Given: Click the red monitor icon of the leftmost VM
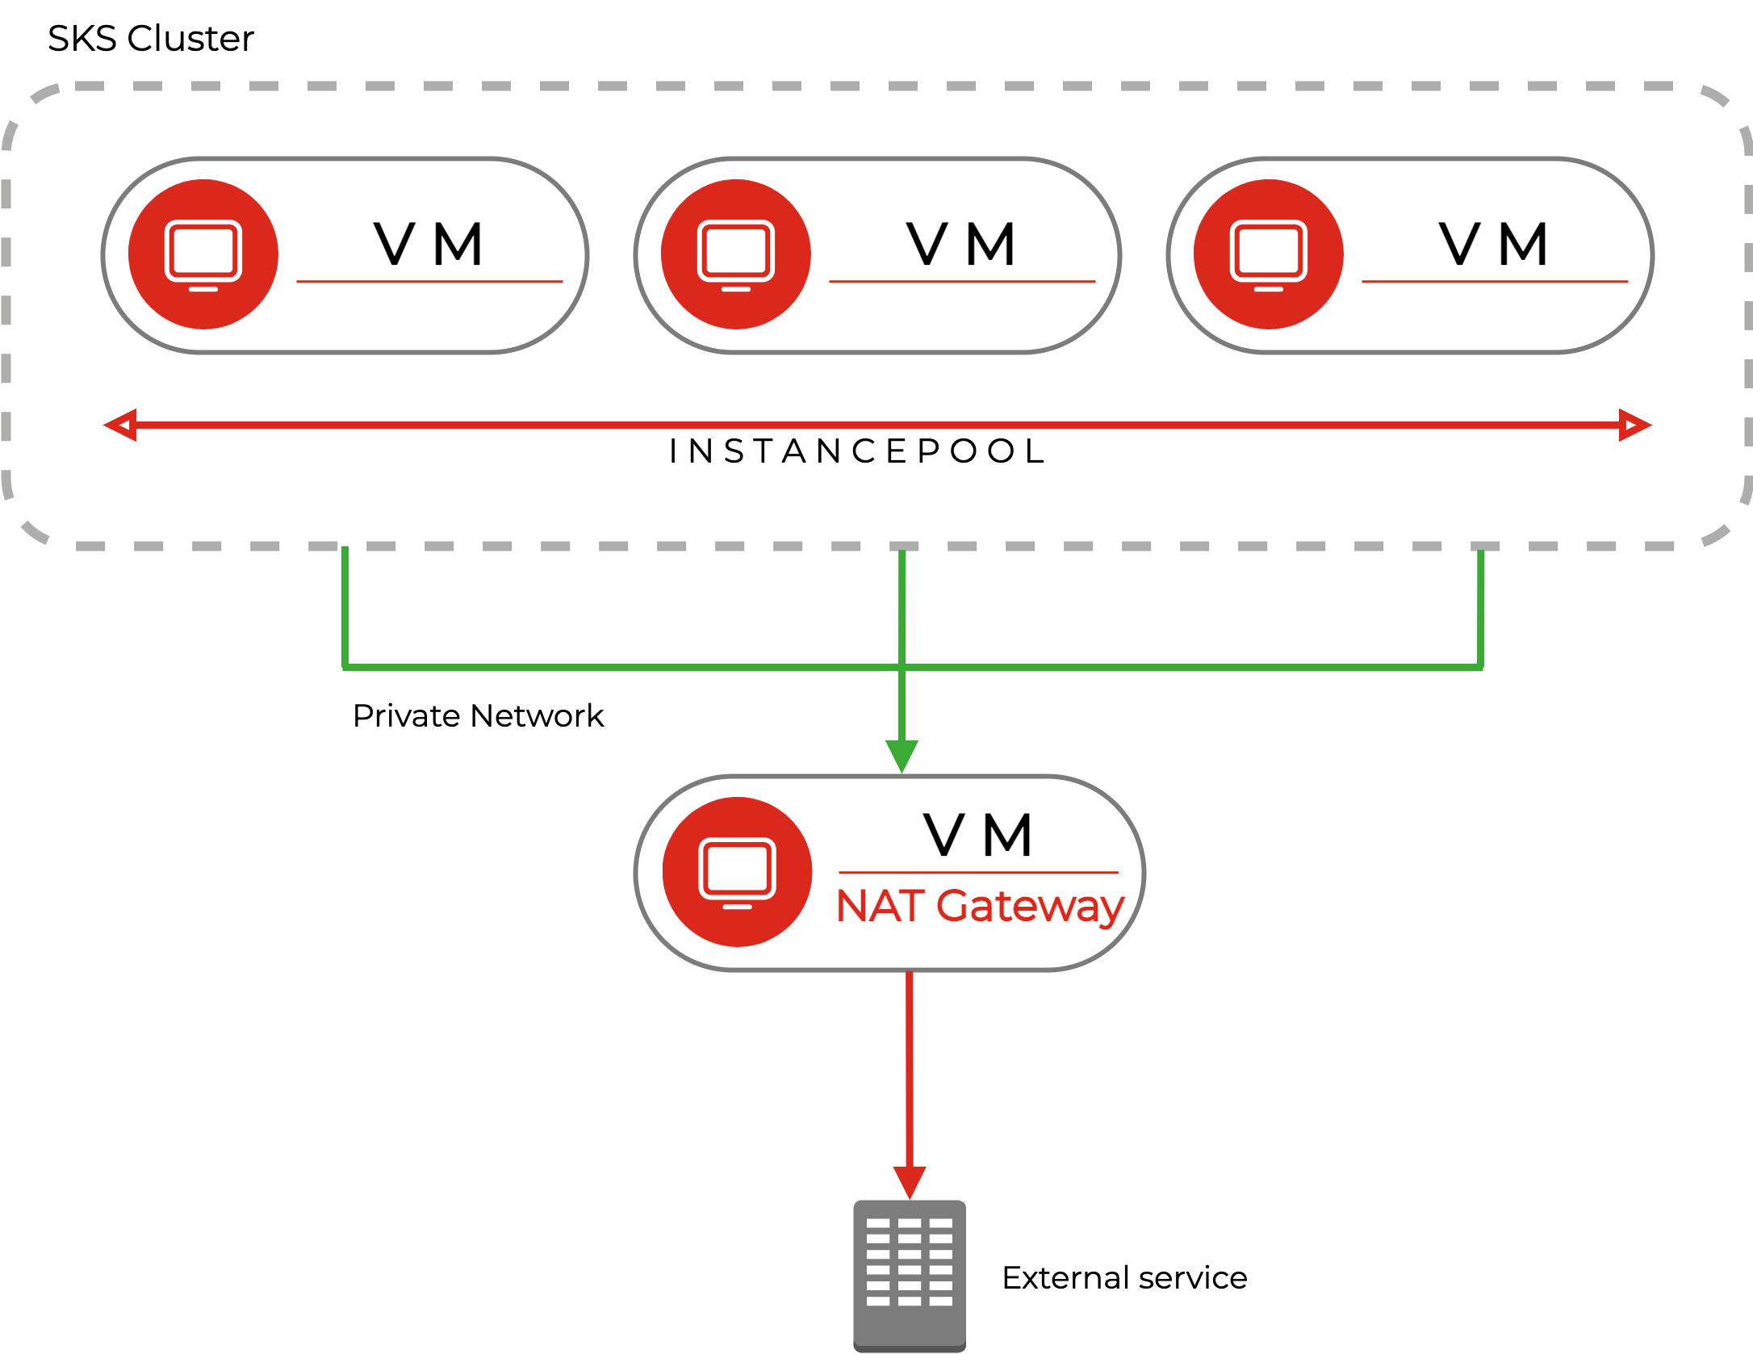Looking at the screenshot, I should click(203, 254).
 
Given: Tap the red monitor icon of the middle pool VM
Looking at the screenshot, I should click(736, 254).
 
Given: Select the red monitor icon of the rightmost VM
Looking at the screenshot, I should click(1269, 254).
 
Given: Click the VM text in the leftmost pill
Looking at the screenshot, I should click(429, 244).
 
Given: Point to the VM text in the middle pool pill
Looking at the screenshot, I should click(961, 244).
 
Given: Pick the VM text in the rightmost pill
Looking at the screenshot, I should click(1494, 244).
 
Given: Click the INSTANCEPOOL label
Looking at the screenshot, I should click(856, 451).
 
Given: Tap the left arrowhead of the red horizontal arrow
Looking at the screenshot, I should click(121, 425).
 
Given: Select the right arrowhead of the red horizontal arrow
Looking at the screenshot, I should click(1634, 425).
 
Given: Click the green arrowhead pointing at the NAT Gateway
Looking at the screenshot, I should click(902, 755).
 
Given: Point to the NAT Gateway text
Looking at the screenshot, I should click(979, 907).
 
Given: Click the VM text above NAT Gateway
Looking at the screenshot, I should click(979, 835).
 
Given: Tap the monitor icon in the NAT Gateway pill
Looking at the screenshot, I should click(737, 872).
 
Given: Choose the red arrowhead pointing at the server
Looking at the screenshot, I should click(910, 1181).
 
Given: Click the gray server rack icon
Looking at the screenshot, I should click(910, 1275).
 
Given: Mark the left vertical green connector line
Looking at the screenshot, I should click(345, 606).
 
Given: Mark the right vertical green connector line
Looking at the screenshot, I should click(1481, 606).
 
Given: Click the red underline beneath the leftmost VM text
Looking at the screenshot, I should click(429, 282).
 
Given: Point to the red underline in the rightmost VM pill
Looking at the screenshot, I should click(1495, 282).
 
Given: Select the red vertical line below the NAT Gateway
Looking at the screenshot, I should click(910, 1066).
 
